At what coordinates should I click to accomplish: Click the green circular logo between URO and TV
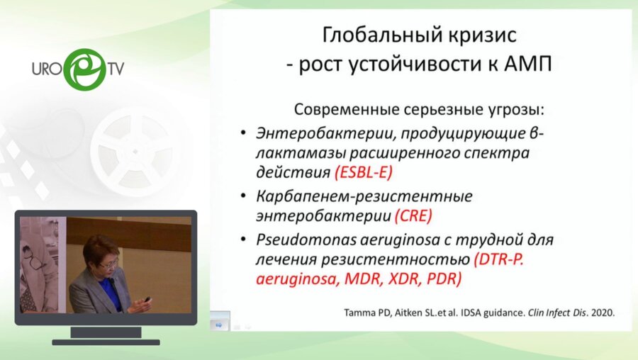(x=84, y=68)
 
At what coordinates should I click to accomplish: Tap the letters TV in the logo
(x=116, y=69)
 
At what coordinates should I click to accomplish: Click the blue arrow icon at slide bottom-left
(x=219, y=324)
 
